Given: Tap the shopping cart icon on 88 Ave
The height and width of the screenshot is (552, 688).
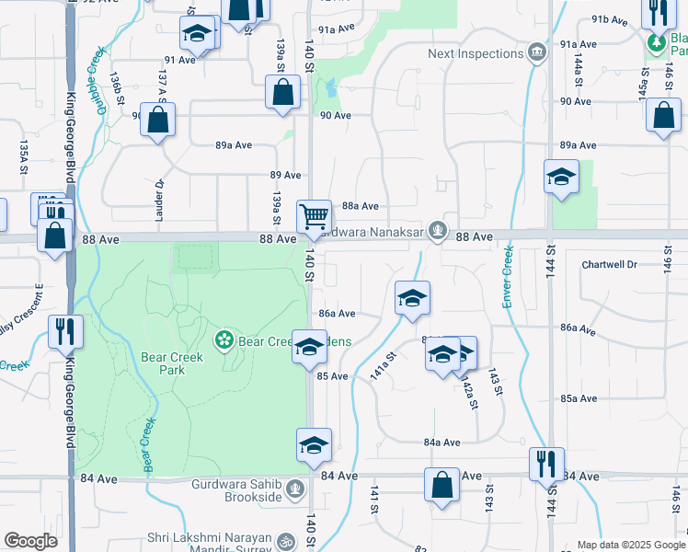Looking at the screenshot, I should click(314, 216).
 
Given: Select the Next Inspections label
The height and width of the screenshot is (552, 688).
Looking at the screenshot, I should click(475, 53).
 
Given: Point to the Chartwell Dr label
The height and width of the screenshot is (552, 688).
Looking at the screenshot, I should click(609, 264).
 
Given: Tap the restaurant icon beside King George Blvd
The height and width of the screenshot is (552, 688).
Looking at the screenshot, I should click(65, 330).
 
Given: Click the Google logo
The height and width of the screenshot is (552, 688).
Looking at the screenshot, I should click(31, 541).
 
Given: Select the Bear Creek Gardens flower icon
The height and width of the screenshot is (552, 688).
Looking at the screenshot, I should click(223, 340).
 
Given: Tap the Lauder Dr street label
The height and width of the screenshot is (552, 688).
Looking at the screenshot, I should click(157, 195).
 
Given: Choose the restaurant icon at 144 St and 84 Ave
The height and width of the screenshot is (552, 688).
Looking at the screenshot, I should click(546, 463).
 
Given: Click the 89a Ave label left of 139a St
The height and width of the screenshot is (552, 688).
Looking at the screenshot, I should click(234, 145).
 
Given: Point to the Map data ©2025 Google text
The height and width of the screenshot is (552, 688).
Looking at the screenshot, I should click(630, 545).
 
